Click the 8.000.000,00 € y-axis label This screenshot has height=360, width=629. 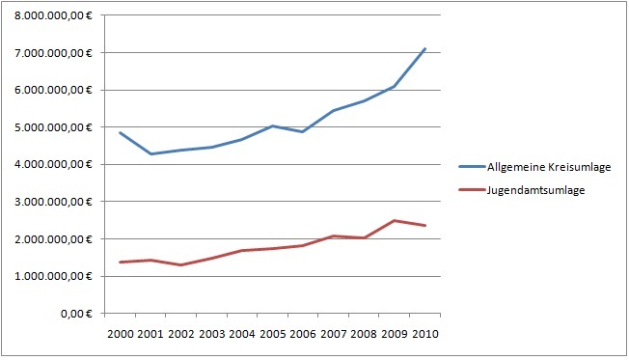(53, 16)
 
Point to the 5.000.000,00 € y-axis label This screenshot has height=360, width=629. (53, 127)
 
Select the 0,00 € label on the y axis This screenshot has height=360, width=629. (76, 314)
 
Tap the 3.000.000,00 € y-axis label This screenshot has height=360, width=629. (53, 202)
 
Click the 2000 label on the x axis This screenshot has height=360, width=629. (121, 334)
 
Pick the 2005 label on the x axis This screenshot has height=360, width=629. (272, 334)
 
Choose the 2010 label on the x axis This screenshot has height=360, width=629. (425, 334)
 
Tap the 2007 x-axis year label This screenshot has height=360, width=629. (334, 334)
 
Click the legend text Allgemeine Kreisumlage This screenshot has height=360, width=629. (549, 167)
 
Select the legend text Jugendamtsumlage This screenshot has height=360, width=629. (535, 190)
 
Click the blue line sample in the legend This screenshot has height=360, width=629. (472, 166)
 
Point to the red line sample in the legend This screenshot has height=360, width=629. (472, 189)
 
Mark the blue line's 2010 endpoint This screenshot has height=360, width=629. (425, 48)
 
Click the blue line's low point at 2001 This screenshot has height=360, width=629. (150, 153)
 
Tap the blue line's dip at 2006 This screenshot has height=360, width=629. (303, 131)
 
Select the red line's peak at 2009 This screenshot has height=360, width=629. (395, 220)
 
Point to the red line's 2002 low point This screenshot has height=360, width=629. (181, 264)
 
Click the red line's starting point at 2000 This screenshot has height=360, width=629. (121, 263)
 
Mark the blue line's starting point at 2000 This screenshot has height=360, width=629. (121, 132)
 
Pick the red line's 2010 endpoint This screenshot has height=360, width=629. (425, 226)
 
